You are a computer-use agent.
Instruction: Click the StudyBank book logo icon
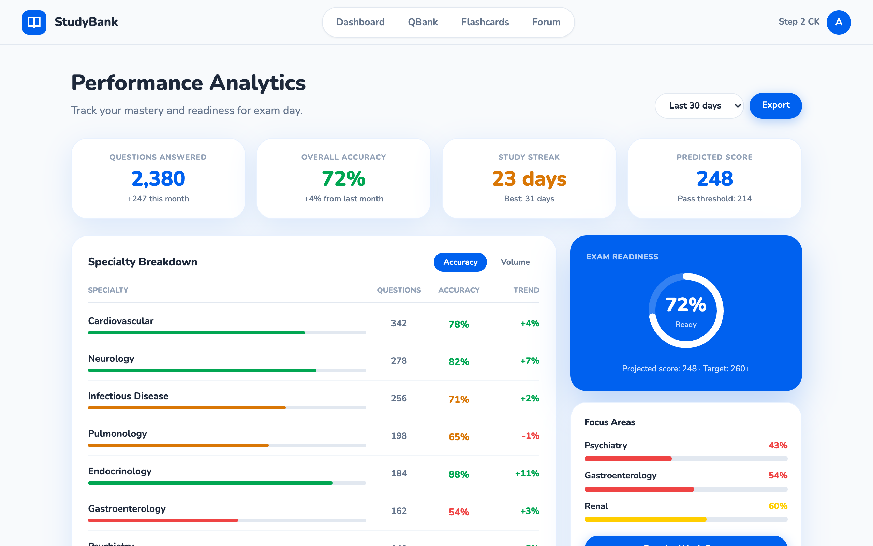(x=34, y=23)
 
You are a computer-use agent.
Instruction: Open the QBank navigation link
(x=423, y=23)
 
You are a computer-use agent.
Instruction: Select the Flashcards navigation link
(x=485, y=23)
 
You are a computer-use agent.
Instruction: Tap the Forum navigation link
(x=546, y=23)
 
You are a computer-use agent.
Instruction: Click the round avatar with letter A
(x=838, y=23)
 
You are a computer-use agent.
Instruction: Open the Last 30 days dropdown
(x=699, y=106)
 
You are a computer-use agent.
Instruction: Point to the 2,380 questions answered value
(x=158, y=179)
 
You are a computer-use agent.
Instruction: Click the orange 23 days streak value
(x=529, y=179)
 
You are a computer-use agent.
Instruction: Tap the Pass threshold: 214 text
(x=714, y=199)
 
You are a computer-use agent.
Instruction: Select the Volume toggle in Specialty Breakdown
(x=515, y=262)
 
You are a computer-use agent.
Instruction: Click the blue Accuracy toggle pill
(x=460, y=262)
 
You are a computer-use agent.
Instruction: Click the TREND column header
(x=526, y=290)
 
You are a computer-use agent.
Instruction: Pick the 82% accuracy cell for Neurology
(x=459, y=362)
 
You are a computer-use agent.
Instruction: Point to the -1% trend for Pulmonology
(x=530, y=436)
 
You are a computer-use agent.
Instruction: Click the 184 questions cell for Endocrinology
(x=399, y=473)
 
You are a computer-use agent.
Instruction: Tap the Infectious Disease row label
(x=128, y=396)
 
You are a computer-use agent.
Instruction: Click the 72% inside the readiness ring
(x=686, y=305)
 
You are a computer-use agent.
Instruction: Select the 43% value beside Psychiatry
(x=778, y=446)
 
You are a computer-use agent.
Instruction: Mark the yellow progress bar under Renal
(x=645, y=520)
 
